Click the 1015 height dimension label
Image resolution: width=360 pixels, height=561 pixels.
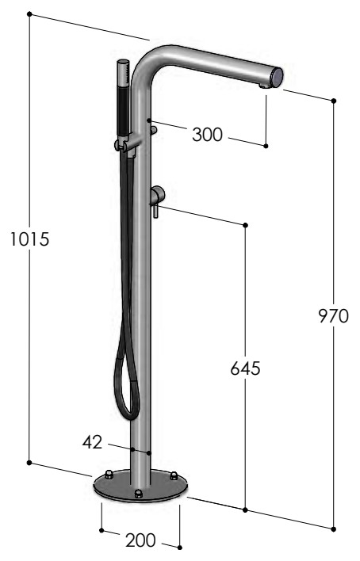[29, 239]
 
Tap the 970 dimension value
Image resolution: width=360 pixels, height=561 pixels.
[334, 316]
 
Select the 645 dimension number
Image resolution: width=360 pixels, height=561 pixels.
[245, 368]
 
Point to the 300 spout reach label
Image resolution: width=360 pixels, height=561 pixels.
[208, 135]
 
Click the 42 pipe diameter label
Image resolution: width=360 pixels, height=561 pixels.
[92, 442]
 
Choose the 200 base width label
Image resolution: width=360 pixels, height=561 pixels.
[140, 540]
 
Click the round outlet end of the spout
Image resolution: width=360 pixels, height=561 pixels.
[277, 77]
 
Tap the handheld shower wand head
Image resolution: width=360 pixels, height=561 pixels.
[123, 73]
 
